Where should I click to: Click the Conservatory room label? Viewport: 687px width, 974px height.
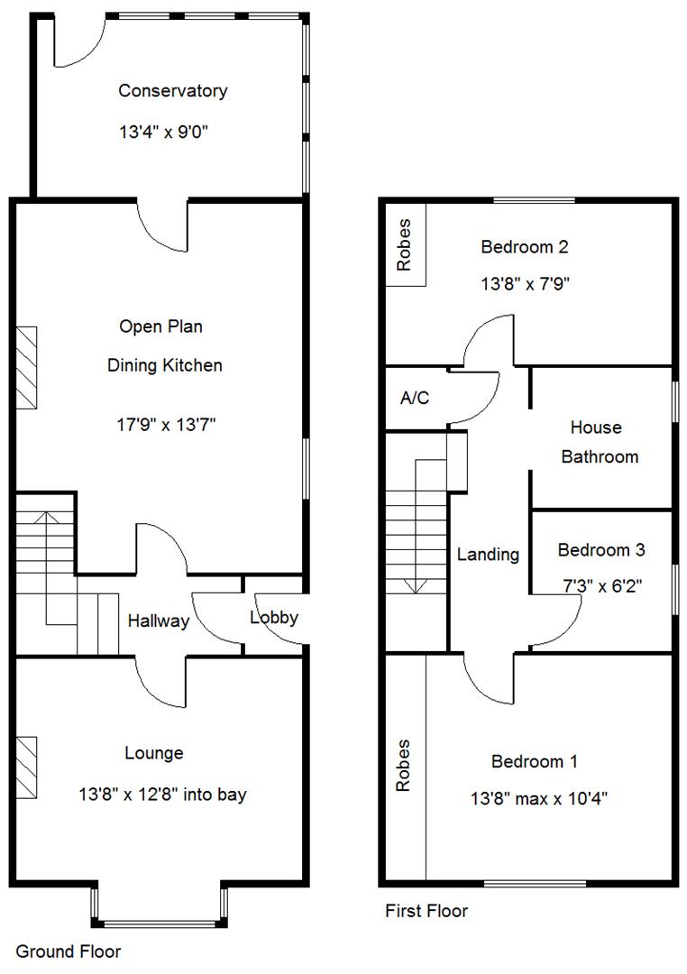(x=173, y=90)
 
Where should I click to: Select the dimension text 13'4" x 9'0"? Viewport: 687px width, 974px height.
(x=169, y=133)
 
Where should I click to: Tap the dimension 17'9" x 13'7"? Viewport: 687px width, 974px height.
(x=164, y=424)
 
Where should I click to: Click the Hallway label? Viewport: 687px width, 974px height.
(x=158, y=620)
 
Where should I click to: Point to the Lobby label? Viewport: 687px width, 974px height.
(x=274, y=618)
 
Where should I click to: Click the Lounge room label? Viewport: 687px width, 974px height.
(x=154, y=753)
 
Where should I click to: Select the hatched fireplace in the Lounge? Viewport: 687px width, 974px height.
(x=26, y=767)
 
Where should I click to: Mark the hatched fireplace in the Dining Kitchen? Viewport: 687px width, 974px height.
(x=26, y=368)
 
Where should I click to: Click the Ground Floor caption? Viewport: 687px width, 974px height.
(x=69, y=951)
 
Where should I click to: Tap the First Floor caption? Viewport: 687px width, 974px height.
(x=426, y=911)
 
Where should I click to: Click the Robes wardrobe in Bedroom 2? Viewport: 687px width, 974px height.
(x=405, y=244)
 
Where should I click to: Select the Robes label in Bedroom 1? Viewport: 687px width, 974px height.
(x=403, y=766)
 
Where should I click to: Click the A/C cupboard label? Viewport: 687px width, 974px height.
(x=414, y=398)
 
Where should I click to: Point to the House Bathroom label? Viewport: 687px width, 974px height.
(x=600, y=442)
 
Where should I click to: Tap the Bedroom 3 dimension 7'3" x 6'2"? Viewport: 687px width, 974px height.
(x=601, y=583)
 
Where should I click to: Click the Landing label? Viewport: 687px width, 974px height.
(x=488, y=555)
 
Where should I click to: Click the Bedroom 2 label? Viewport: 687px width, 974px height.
(x=525, y=246)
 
